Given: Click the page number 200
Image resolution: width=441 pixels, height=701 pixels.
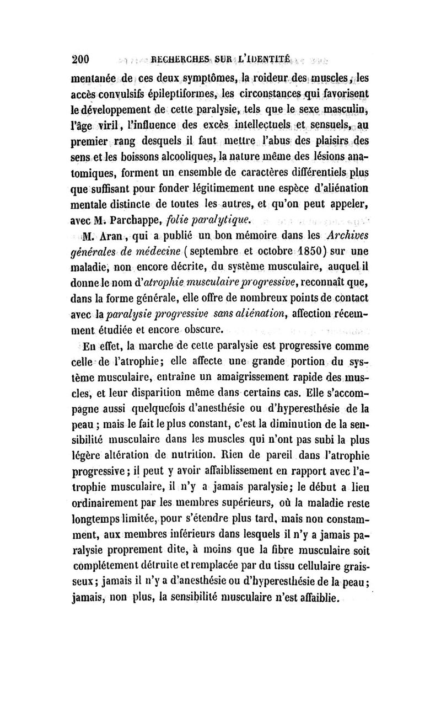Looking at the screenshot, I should (x=81, y=59).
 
